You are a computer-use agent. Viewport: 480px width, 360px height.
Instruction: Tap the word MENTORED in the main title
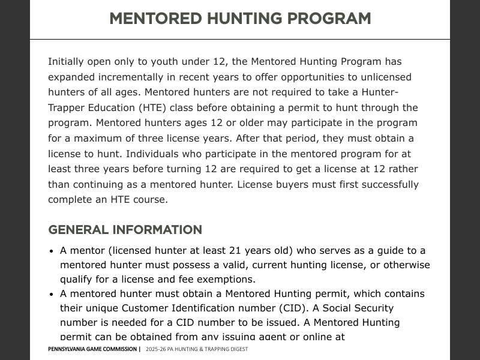[155, 19]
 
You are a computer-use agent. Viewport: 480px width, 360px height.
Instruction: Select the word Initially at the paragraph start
[66, 62]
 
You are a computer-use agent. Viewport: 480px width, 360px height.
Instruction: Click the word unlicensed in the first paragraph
[385, 77]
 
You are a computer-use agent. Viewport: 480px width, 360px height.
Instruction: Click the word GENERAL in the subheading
[78, 230]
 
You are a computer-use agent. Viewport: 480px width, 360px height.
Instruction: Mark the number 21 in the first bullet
[236, 251]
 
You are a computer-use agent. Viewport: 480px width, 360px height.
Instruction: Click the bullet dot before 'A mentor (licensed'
[52, 251]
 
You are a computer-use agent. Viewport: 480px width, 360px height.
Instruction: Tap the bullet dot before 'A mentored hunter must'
[52, 295]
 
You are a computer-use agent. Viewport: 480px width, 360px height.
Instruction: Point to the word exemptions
[226, 280]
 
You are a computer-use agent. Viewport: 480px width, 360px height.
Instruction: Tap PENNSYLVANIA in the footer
[70, 349]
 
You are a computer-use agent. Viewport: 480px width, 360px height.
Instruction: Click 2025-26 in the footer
[156, 349]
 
